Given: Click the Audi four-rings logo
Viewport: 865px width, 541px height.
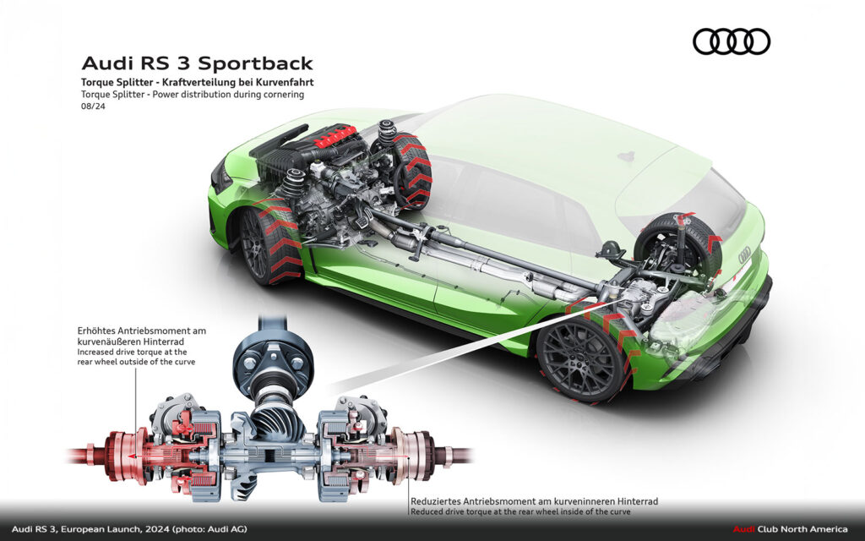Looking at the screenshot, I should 731,41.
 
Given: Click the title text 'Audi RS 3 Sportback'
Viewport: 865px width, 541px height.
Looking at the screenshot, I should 197,63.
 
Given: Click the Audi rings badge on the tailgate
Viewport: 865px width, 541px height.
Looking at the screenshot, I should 744,254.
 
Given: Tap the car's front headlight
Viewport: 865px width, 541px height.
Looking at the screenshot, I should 221,175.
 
